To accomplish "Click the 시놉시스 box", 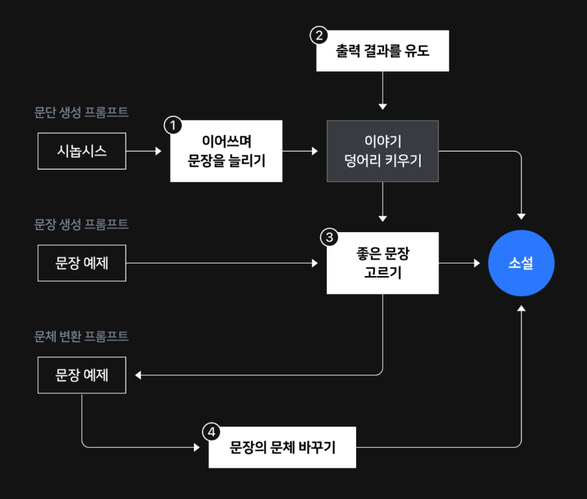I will coord(82,151).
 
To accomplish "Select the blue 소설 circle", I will coord(521,263).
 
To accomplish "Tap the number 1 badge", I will coord(172,125).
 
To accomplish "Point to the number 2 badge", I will coord(319,35).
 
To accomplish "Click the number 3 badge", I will coord(329,237).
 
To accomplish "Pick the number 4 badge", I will coord(211,432).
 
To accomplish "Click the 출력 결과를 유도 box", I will coord(383,51).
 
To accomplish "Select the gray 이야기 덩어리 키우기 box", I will coord(383,151).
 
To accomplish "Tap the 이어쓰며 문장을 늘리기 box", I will coord(226,151).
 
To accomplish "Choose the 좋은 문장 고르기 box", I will coord(383,263).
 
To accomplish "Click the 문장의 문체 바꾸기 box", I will coord(282,447).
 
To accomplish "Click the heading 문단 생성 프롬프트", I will coord(81,112).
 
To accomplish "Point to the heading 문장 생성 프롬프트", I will coord(81,224).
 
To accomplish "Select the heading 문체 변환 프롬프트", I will coord(81,336).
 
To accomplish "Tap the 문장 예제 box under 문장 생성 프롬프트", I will coord(82,263).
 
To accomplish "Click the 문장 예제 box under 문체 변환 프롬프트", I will coord(82,375).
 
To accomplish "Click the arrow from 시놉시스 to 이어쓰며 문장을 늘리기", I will coord(144,151).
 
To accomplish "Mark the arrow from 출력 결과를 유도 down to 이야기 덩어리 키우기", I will coord(383,90).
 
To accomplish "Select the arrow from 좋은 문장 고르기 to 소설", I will coord(459,263).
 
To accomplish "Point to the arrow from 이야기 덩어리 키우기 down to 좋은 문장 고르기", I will coord(383,201).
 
